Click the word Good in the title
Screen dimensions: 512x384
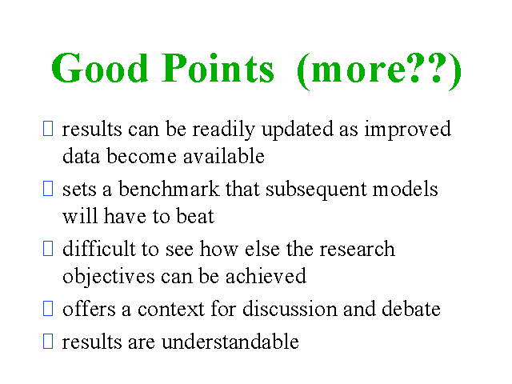(100, 68)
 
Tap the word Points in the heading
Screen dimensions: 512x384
(218, 68)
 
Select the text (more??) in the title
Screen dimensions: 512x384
(379, 70)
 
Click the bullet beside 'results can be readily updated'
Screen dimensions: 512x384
(48, 128)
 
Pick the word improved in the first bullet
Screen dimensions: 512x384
(408, 130)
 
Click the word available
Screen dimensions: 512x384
(224, 156)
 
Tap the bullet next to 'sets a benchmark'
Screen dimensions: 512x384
(48, 189)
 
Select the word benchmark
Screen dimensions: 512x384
(169, 189)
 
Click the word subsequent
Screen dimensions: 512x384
(316, 190)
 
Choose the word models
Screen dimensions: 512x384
(406, 189)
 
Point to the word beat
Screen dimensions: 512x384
(195, 216)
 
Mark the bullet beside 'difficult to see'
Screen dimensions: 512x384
(48, 249)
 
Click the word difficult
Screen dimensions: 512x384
(99, 249)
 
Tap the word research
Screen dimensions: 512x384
(358, 249)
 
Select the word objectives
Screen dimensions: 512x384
(109, 277)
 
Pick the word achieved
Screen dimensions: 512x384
(266, 275)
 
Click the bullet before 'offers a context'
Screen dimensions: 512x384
(48, 308)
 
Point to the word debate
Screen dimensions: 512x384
(411, 309)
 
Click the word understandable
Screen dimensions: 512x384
(230, 342)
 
